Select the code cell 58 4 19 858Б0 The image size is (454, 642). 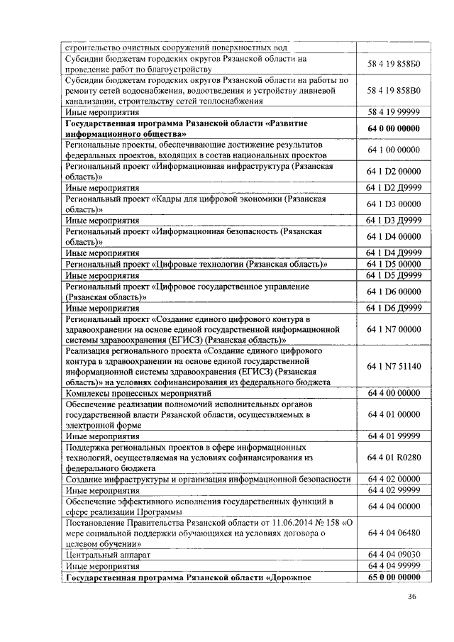pos(394,64)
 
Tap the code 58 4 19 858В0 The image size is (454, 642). pos(394,91)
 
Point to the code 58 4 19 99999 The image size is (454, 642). pos(394,112)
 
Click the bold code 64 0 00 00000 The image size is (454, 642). pos(394,128)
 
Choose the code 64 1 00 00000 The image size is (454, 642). pos(394,150)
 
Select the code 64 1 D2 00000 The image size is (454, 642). pos(394,171)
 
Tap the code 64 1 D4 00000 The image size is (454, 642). pos(394,236)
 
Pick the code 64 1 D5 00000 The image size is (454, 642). pos(394,264)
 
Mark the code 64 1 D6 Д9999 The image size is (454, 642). pos(394,308)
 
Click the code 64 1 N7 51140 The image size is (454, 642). pos(394,366)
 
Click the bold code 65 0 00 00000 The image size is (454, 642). pos(394,577)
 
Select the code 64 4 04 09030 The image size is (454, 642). pos(394,554)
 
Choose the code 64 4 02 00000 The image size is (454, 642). pos(394,479)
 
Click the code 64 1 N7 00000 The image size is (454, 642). pos(394,329)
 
